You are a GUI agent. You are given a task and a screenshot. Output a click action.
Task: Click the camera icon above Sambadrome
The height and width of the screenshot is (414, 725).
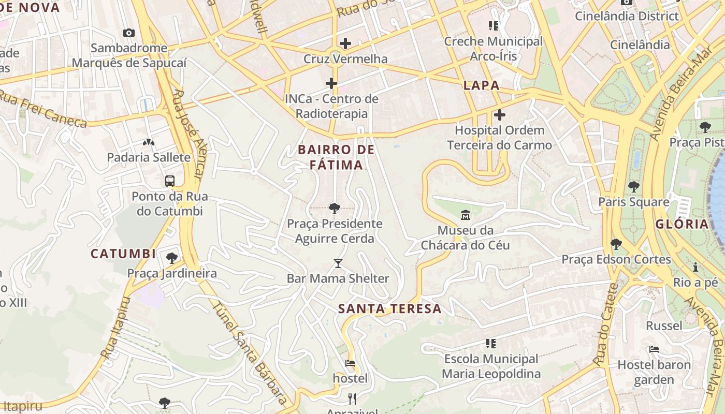(x=129, y=33)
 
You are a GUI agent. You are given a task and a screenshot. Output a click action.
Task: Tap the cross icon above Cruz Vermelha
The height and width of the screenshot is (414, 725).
(x=345, y=43)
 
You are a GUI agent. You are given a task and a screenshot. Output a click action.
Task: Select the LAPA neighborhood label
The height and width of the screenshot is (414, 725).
(x=482, y=86)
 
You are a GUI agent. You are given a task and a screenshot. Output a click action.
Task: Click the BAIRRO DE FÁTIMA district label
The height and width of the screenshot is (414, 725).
(x=336, y=157)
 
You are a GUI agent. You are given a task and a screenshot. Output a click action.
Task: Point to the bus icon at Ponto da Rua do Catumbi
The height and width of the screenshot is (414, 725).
(x=170, y=181)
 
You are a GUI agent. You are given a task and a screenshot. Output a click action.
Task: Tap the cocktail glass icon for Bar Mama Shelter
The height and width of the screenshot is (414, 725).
(x=338, y=263)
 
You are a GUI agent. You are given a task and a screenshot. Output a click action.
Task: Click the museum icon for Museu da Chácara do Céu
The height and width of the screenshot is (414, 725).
(x=466, y=215)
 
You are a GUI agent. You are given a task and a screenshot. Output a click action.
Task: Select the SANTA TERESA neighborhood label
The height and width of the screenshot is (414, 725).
(x=390, y=309)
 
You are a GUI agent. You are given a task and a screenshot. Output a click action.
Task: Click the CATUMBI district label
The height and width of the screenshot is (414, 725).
(x=123, y=254)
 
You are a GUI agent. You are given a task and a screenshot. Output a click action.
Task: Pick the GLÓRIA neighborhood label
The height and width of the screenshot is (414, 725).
(x=682, y=224)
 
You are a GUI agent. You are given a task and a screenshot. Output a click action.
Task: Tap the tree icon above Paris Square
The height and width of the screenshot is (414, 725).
(x=633, y=187)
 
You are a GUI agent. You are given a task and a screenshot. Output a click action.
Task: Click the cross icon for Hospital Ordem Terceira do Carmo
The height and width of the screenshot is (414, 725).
(x=500, y=115)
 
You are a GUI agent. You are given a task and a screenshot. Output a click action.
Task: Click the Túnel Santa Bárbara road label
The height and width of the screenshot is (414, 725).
(x=249, y=352)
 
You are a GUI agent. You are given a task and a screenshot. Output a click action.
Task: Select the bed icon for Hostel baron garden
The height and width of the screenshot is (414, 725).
(x=654, y=349)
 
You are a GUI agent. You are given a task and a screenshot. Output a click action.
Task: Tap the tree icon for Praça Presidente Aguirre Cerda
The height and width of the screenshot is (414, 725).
(x=335, y=209)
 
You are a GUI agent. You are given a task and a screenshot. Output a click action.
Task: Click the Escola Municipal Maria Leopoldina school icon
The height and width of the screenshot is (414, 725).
(x=491, y=343)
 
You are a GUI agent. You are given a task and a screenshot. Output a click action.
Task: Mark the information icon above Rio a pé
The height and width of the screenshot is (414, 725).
(x=695, y=268)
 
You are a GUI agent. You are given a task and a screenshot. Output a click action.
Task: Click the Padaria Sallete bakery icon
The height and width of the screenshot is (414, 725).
(x=149, y=142)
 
